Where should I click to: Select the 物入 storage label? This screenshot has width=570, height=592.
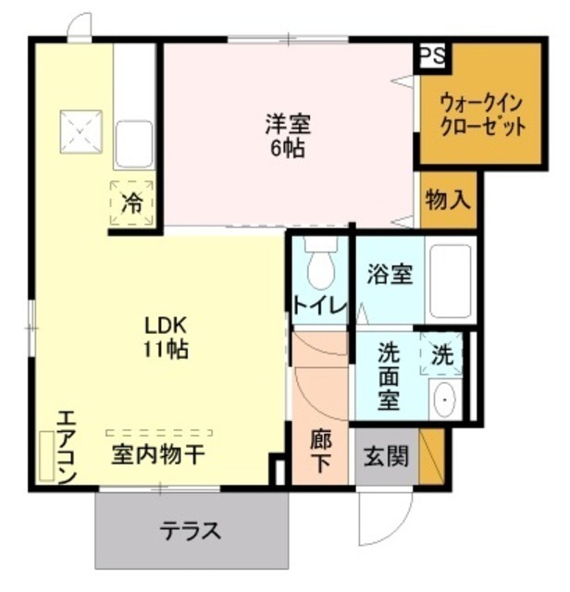[449, 200]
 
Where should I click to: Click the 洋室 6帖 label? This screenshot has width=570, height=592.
[288, 135]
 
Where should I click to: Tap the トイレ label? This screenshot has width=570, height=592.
[319, 305]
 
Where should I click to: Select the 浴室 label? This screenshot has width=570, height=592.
[390, 275]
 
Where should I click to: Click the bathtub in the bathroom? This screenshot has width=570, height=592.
[452, 277]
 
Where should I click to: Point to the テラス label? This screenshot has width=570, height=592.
[191, 532]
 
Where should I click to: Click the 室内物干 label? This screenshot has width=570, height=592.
[158, 455]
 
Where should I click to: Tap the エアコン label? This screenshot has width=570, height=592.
[65, 444]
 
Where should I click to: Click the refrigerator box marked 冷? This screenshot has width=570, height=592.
[130, 202]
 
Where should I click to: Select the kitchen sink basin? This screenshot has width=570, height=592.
[133, 142]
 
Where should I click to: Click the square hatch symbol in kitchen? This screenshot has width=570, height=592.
[81, 132]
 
